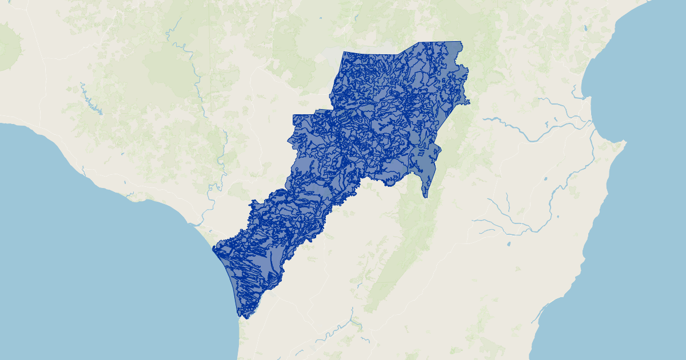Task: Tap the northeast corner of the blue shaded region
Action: (x=461, y=42)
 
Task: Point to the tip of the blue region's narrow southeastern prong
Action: (x=425, y=197)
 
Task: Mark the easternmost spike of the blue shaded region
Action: (x=469, y=103)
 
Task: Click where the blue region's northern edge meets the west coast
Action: (x=213, y=248)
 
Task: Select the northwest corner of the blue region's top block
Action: (x=343, y=53)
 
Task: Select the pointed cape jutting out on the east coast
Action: (x=624, y=141)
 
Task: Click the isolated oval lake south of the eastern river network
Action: (x=509, y=244)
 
